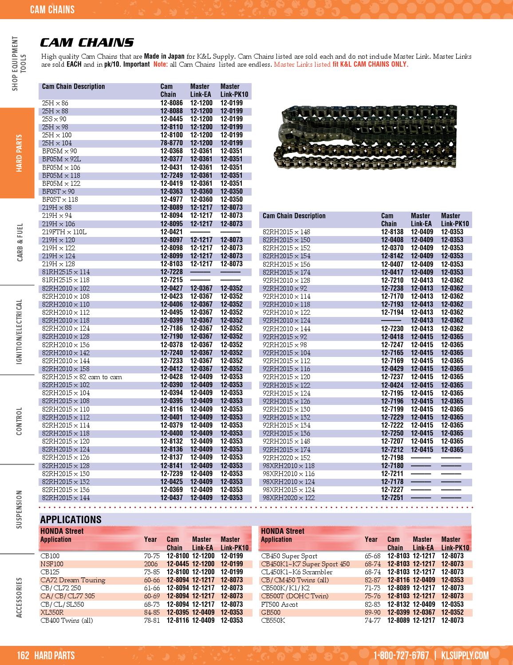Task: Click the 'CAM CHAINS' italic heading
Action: [87, 43]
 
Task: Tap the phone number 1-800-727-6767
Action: [401, 656]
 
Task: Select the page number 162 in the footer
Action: [23, 656]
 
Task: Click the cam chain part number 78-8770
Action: [171, 143]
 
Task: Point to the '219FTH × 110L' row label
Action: [64, 232]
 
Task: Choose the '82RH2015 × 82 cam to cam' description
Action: [82, 377]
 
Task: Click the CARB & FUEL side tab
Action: [20, 242]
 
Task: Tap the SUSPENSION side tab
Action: [19, 509]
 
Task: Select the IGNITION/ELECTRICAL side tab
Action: [19, 332]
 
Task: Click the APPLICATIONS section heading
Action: [71, 520]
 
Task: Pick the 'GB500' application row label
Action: [271, 612]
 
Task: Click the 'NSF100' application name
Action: [52, 564]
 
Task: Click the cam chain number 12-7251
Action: [392, 498]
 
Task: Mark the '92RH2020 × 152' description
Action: [286, 457]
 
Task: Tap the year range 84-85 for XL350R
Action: [152, 612]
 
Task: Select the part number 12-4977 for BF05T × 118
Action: [171, 200]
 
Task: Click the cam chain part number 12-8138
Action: [392, 232]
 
